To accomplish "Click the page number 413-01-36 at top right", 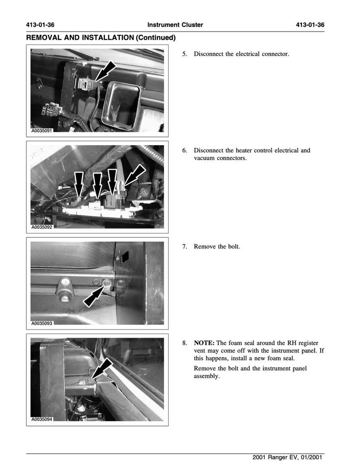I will click(310, 25).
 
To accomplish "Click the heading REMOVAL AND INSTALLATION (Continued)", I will click(101, 38).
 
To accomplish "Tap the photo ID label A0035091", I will click(42, 131).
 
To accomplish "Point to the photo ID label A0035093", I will click(42, 324).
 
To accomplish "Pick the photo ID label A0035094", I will click(42, 419).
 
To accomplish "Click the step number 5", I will click(185, 54).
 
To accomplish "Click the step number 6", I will click(185, 150).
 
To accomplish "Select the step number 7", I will click(185, 247).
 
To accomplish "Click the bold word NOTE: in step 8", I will click(204, 343).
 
